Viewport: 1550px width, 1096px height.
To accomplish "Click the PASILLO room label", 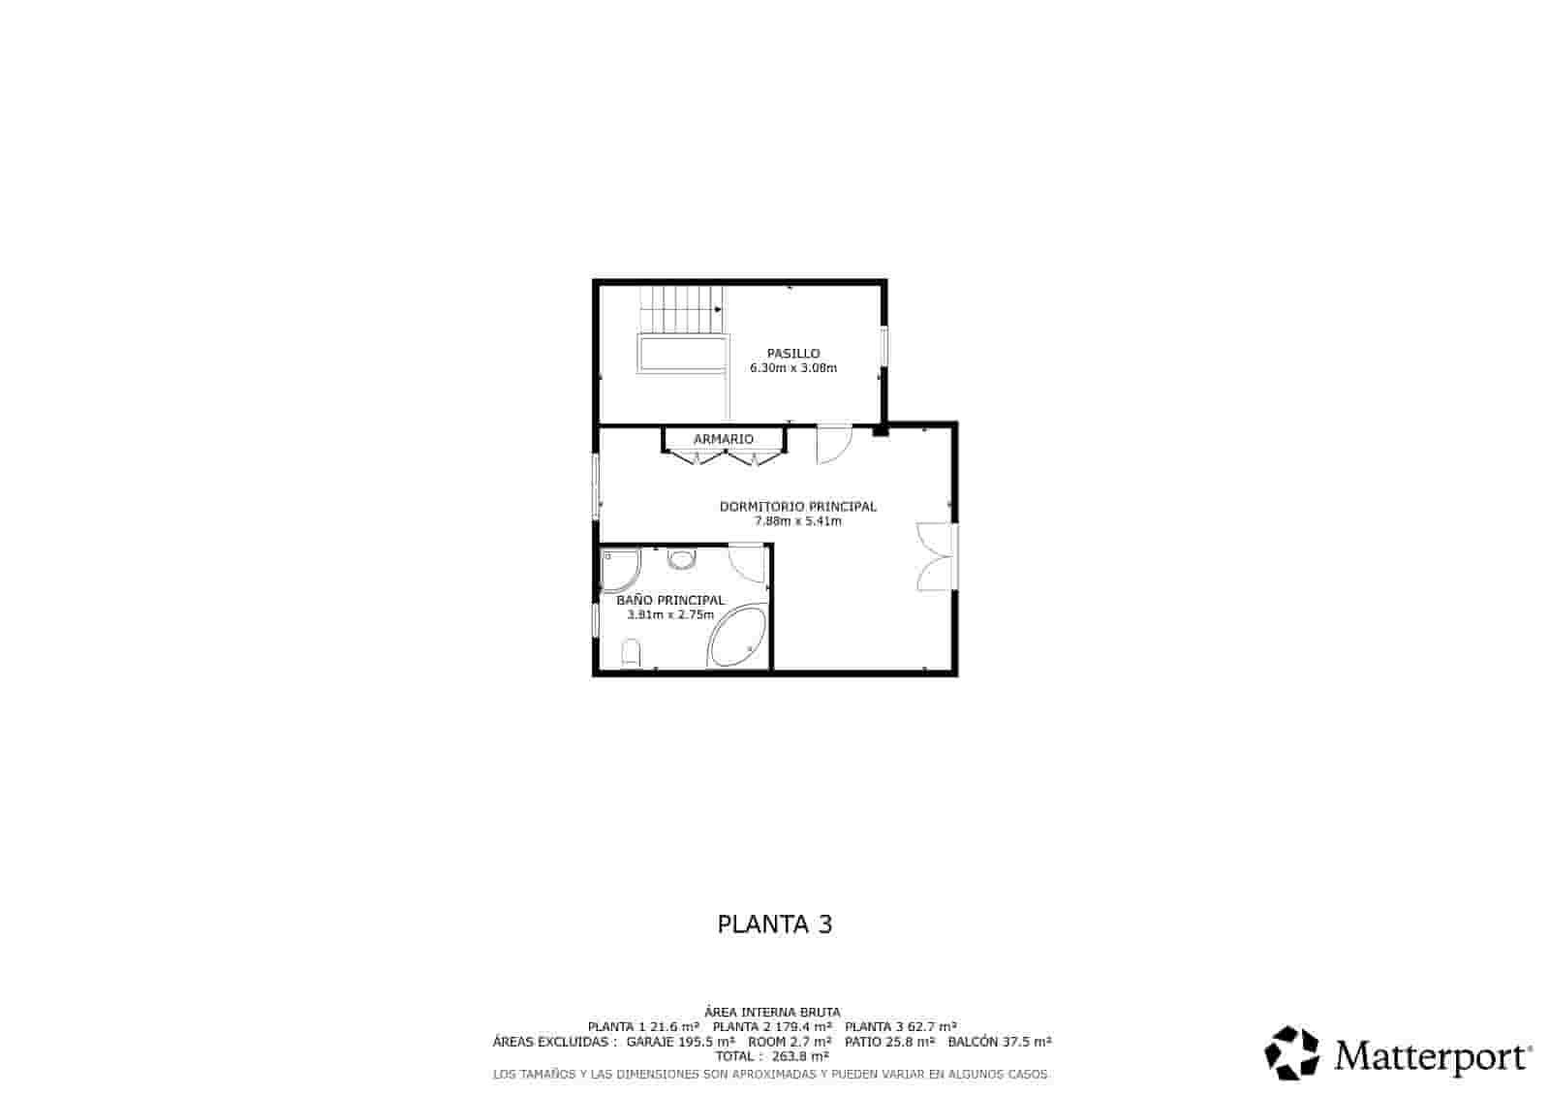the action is (793, 353).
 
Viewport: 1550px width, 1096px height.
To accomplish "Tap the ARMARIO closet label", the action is (723, 439).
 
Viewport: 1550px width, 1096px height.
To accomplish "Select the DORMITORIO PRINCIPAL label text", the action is (798, 507).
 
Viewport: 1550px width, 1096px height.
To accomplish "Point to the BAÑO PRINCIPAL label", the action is (669, 600).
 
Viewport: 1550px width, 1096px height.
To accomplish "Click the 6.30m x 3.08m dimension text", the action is (793, 367).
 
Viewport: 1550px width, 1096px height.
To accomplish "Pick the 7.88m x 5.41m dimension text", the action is (798, 521).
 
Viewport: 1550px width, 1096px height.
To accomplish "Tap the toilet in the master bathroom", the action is (631, 653).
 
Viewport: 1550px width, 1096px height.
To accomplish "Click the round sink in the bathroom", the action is (681, 559).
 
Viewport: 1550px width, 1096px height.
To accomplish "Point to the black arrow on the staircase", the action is (718, 309).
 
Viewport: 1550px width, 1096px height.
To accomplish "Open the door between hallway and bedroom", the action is (834, 444).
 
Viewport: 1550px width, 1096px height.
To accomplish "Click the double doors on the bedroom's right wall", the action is (936, 556).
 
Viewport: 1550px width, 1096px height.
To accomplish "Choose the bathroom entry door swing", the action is (746, 563).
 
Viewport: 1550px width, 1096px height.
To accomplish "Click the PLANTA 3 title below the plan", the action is (774, 924).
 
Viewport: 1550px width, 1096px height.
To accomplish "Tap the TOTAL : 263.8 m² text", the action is (771, 1056).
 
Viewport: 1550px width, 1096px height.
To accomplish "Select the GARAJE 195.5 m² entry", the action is (680, 1042).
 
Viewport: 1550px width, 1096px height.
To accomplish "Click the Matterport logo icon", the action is (1291, 1053).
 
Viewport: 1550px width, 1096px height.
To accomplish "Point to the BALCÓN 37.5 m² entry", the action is (999, 1042).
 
